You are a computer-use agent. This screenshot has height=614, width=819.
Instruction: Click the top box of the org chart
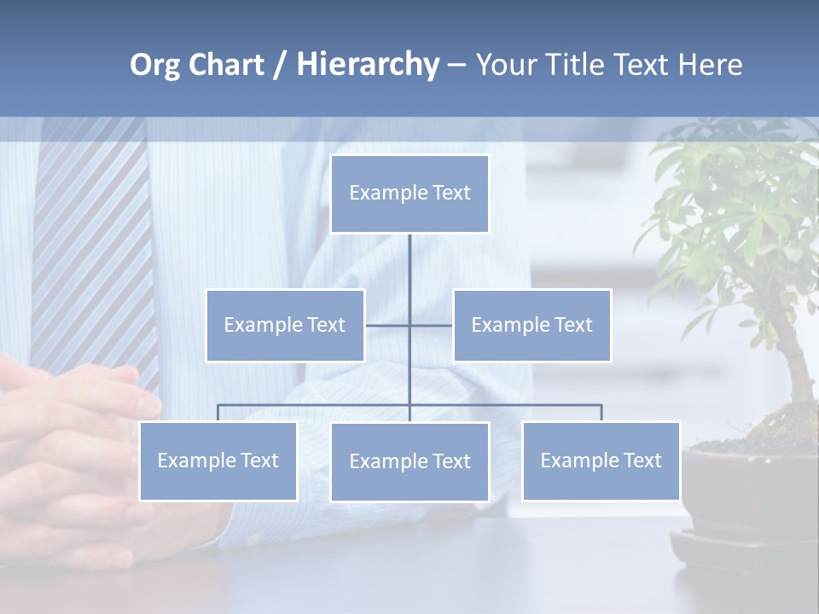[x=409, y=194]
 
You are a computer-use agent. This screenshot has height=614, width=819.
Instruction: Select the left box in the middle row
[x=285, y=325]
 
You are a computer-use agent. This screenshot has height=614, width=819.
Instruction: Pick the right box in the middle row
[x=531, y=325]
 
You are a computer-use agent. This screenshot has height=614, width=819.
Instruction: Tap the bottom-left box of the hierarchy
[x=218, y=460]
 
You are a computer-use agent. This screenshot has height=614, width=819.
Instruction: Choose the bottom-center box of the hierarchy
[x=409, y=461]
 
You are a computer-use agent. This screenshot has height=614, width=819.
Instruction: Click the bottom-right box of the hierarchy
[x=601, y=460]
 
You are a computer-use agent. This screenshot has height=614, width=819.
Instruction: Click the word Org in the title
[x=154, y=65]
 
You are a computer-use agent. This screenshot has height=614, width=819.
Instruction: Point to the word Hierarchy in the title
[x=367, y=65]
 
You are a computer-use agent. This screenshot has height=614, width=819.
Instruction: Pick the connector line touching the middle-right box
[x=432, y=325]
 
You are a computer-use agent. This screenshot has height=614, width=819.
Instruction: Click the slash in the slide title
[x=280, y=65]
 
